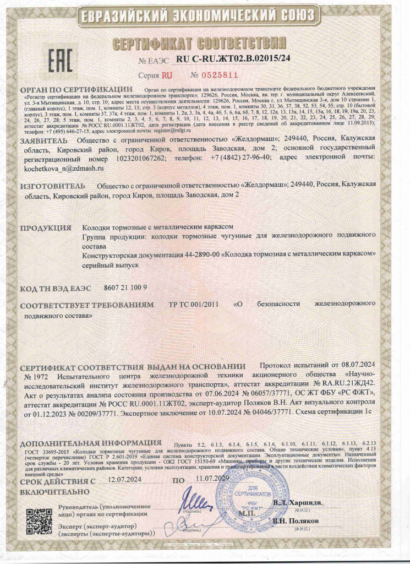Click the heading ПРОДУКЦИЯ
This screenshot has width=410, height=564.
click(46, 227)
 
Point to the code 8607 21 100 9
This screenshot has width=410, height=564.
click(125, 288)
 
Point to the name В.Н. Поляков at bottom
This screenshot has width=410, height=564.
click(296, 520)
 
